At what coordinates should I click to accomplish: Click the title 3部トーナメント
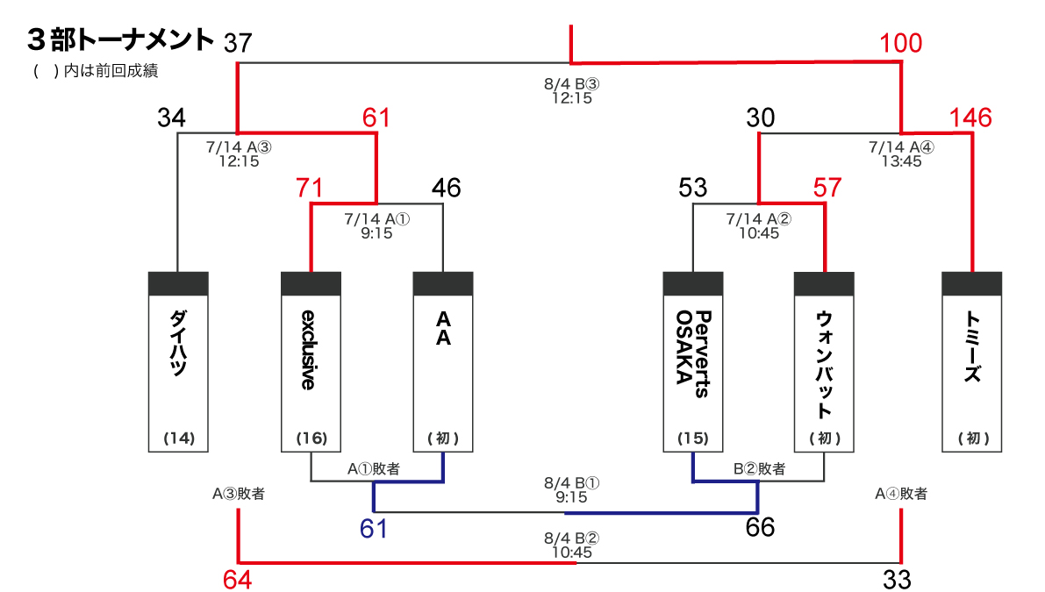point(120,40)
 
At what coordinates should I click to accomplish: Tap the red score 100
point(901,43)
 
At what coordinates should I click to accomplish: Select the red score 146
point(970,118)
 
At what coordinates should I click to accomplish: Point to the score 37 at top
point(238,43)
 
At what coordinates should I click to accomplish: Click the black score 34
point(171,118)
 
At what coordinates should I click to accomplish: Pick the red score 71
point(310,188)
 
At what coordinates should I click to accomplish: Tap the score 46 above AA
point(446,188)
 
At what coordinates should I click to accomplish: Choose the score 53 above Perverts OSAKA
point(692,188)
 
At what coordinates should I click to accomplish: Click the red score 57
point(827,188)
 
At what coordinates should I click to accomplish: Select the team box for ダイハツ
point(178,361)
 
